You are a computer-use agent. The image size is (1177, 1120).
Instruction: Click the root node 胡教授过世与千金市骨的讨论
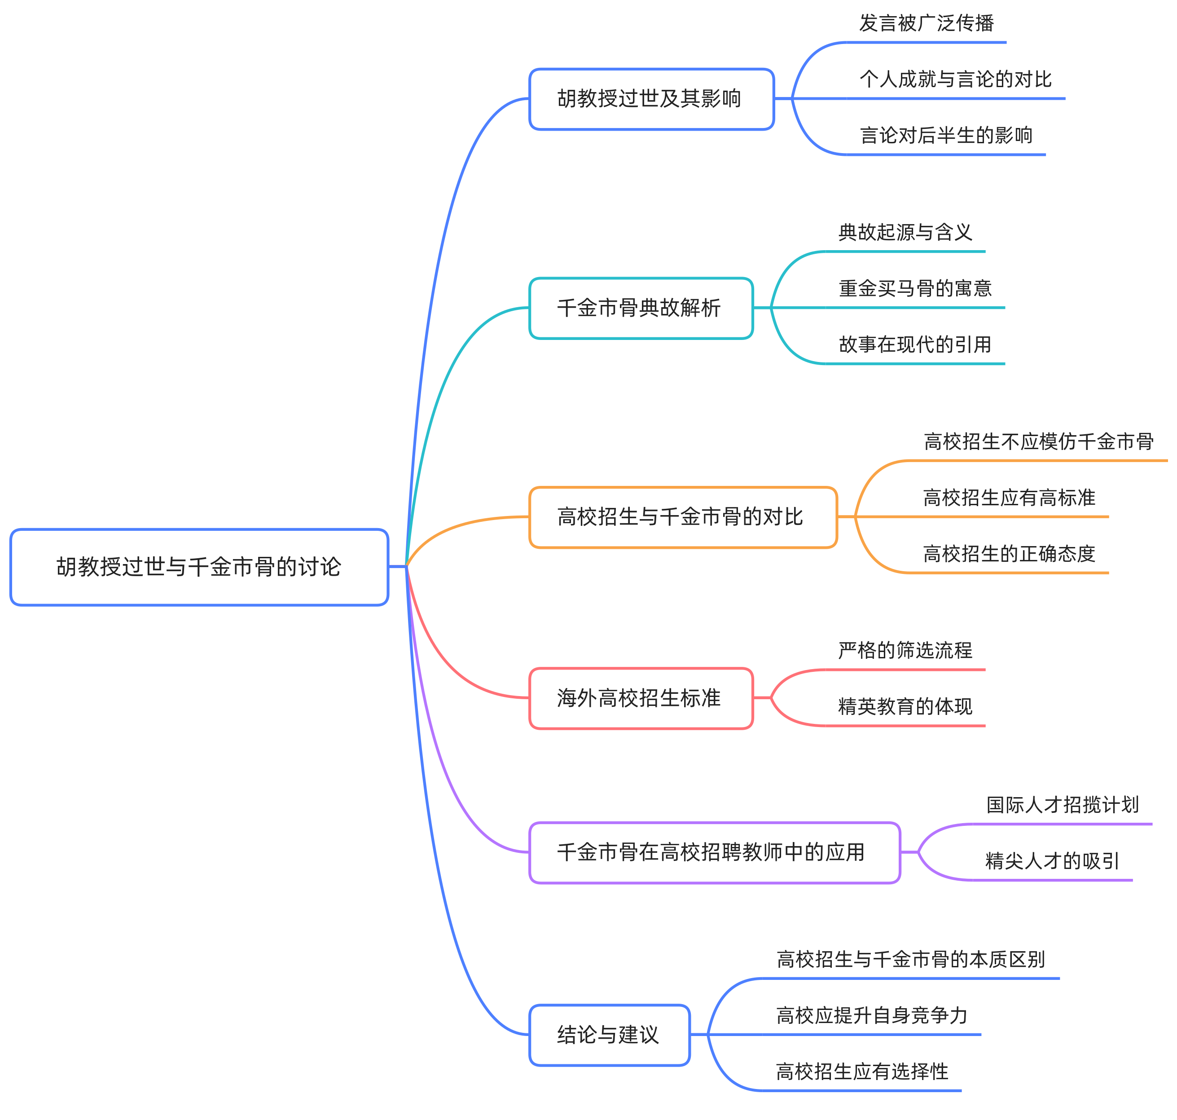pos(199,567)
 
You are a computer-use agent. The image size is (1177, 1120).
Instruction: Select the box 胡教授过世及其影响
pos(651,98)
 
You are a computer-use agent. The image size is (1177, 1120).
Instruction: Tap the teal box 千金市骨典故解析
pos(641,308)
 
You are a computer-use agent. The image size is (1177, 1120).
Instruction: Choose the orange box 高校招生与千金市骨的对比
pos(682,517)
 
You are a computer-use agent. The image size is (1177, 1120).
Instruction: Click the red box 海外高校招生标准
pos(641,698)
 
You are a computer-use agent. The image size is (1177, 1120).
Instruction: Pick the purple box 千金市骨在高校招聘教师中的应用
pos(714,852)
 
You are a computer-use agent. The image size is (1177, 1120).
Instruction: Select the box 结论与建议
pos(609,1035)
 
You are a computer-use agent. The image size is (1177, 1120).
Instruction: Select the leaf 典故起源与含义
pos(905,232)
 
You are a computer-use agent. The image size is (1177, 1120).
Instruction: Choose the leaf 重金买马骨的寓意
pos(915,289)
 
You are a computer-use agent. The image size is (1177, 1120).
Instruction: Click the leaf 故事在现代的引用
pos(914,344)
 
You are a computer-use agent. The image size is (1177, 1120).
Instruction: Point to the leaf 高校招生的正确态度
pos(1009,554)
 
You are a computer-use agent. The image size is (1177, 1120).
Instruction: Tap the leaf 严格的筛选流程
pos(905,651)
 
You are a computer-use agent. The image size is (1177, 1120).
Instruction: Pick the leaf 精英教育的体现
pos(905,707)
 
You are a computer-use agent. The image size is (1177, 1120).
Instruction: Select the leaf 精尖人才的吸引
pos(1052,861)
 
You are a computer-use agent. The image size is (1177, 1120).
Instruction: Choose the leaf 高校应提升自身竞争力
pos(871,1015)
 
